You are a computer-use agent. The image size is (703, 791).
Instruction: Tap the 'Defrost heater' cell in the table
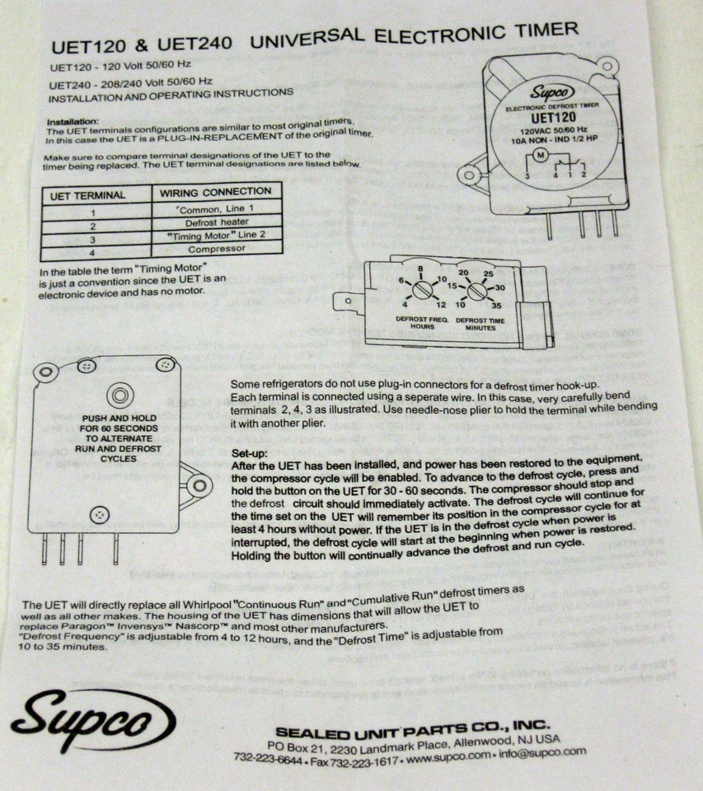(217, 222)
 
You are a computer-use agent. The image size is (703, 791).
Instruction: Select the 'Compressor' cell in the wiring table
(217, 248)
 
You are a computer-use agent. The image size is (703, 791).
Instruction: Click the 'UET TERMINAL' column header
(88, 195)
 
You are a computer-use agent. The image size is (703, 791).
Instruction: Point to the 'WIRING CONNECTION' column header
(216, 192)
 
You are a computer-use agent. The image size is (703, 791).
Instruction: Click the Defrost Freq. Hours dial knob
(422, 290)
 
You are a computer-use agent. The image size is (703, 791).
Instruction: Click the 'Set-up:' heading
(250, 454)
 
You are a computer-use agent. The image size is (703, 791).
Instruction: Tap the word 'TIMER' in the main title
(537, 32)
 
